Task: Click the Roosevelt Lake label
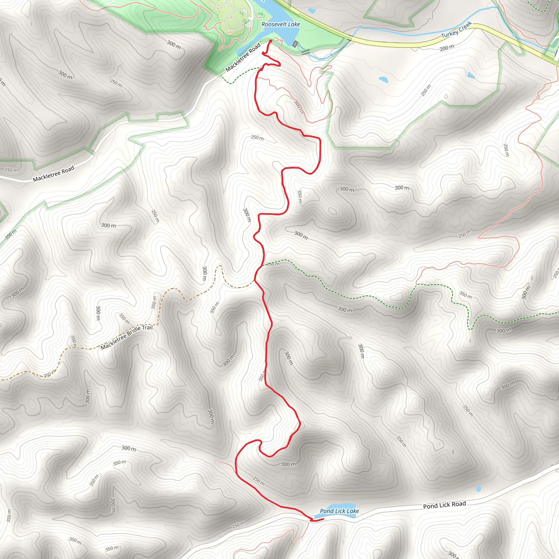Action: coord(281,25)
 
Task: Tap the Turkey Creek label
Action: coord(456,30)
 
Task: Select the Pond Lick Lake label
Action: coord(339,511)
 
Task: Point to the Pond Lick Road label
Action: coord(444,505)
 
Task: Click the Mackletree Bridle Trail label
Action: coord(127,337)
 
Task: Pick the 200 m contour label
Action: coord(447,48)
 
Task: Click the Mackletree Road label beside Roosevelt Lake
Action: coord(243,57)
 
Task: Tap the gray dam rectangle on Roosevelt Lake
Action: coord(295,44)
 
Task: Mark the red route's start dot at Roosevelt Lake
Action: coord(270,41)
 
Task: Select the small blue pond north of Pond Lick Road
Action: coord(478,489)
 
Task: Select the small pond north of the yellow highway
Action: coord(312,11)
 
